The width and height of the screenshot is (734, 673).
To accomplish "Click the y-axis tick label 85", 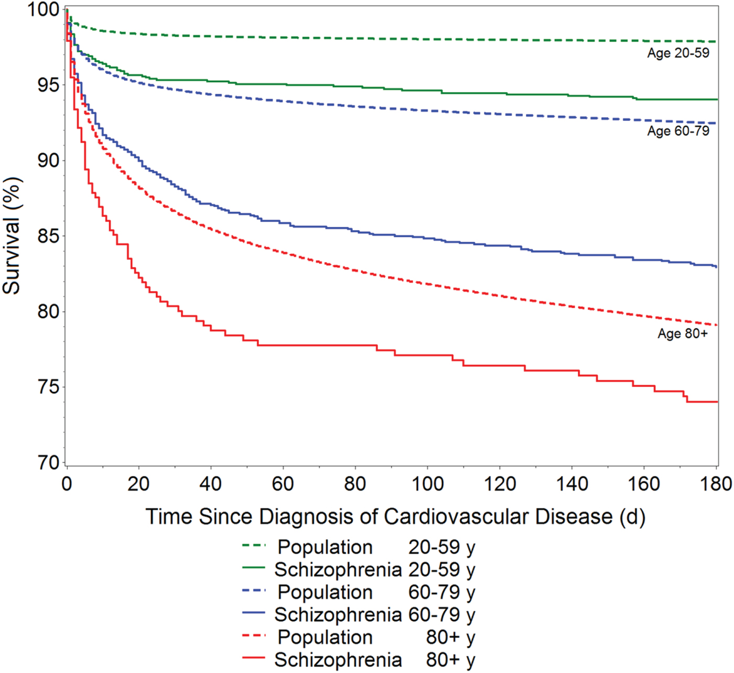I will [x=48, y=236].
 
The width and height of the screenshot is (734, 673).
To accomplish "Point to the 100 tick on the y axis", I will [x=42, y=9].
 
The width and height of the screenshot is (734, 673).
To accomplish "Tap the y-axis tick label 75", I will [x=48, y=387].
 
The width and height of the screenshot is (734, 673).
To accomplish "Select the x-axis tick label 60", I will [x=283, y=483].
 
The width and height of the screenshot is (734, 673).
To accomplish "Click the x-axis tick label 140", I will [x=572, y=483].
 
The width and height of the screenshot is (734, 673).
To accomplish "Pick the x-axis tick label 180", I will [x=716, y=483].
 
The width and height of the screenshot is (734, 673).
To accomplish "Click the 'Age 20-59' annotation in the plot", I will [x=678, y=53].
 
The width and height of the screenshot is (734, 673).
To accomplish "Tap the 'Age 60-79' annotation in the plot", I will [x=678, y=131].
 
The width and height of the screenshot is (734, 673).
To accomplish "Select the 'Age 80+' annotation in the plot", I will [x=683, y=334].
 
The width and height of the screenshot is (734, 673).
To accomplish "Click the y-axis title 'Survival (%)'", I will [x=12, y=236].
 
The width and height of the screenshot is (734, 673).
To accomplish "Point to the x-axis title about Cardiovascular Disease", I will [x=395, y=517].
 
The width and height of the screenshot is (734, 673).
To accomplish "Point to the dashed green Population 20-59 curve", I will [x=367, y=39].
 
